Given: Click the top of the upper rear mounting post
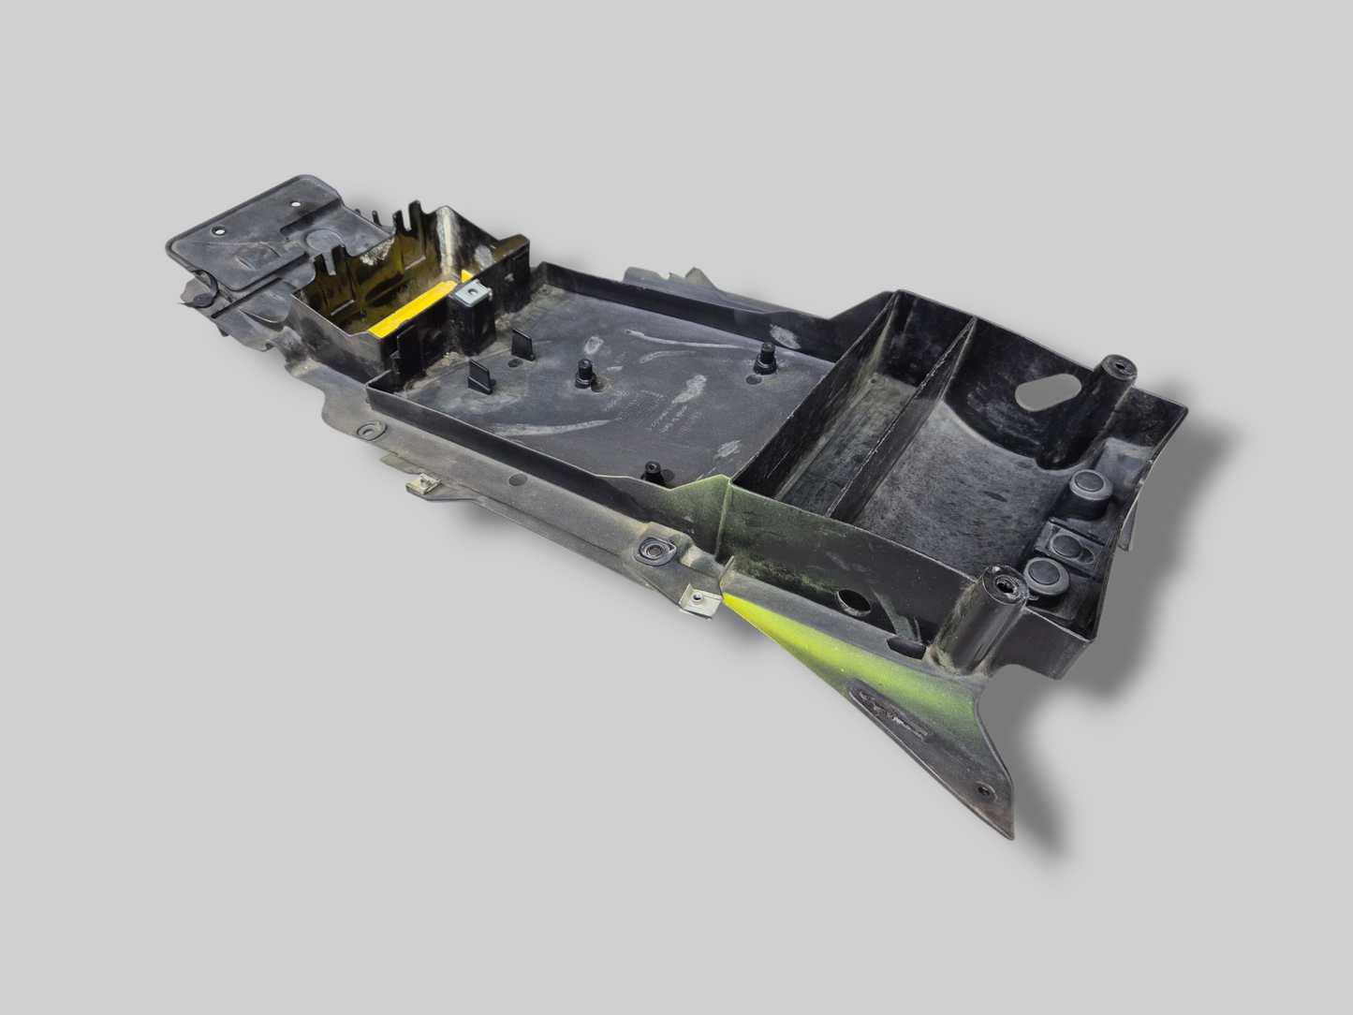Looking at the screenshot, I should click(x=1117, y=368).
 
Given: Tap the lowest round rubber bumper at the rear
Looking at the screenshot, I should click(x=1041, y=573).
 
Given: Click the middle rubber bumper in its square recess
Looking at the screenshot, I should click(x=1066, y=537).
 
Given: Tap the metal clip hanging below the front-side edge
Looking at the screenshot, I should click(x=424, y=485).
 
